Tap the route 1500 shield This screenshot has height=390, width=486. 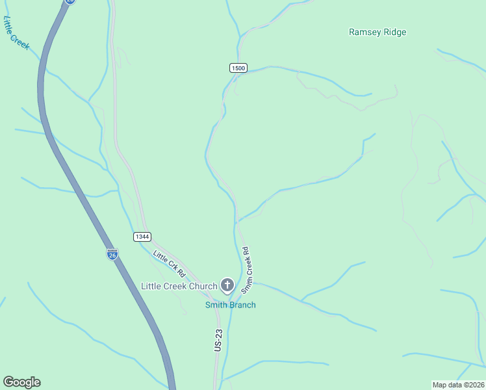pyautogui.click(x=238, y=68)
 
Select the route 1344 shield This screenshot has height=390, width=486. pyautogui.click(x=143, y=237)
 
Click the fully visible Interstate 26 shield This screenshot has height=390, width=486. pyautogui.click(x=112, y=254)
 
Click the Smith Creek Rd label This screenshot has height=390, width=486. pyautogui.click(x=246, y=268)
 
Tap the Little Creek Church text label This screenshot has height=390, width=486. pyautogui.click(x=179, y=286)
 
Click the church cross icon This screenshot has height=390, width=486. pyautogui.click(x=227, y=285)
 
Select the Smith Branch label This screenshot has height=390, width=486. pyautogui.click(x=231, y=305)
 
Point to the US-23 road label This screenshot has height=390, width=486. pyautogui.click(x=218, y=341)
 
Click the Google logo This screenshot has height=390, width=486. pyautogui.click(x=21, y=382)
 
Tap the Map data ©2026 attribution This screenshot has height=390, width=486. pyautogui.click(x=458, y=385)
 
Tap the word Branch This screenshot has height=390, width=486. pyautogui.click(x=243, y=305)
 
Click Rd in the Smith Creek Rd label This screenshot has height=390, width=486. pyautogui.click(x=245, y=252)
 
